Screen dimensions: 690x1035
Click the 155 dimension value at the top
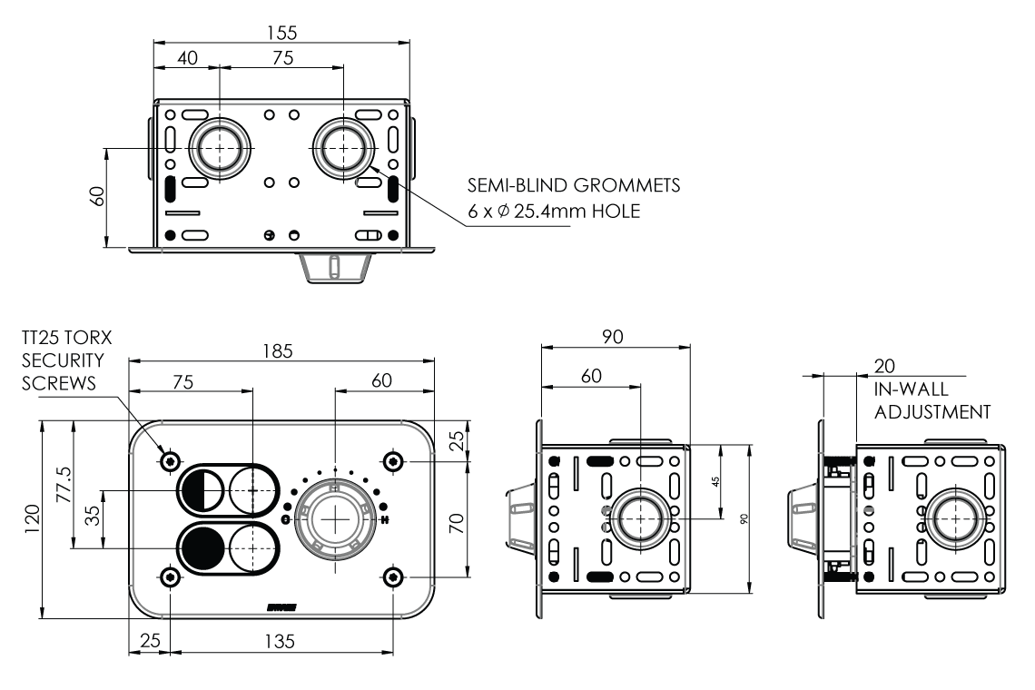coord(282,32)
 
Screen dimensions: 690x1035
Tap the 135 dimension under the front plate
coord(281,641)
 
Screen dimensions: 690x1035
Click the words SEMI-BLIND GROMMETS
coord(574,186)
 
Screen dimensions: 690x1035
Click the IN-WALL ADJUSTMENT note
coord(931,400)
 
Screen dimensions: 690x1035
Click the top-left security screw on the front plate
coord(170,461)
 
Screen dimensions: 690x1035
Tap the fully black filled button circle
coord(203,547)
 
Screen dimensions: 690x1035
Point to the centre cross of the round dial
coord(335,518)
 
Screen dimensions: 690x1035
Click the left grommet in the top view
coord(219,148)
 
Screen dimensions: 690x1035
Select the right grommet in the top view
coord(344,148)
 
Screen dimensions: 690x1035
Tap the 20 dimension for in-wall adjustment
coord(884,366)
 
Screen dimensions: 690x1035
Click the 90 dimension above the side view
coord(615,337)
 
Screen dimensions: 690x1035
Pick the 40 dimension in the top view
coord(187,57)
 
